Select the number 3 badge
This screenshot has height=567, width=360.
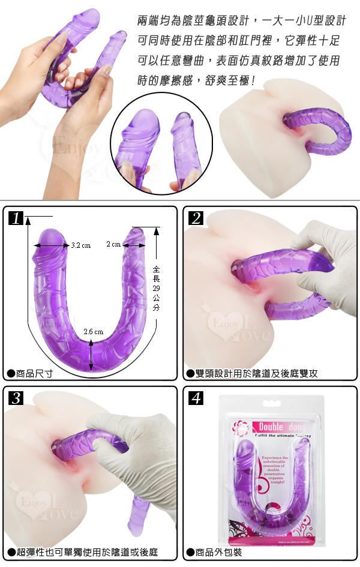click(16, 398)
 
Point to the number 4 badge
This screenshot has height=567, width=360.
click(195, 398)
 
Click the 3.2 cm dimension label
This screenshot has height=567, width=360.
click(80, 245)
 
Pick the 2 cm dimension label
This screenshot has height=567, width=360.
click(113, 245)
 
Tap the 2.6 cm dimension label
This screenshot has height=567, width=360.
click(94, 332)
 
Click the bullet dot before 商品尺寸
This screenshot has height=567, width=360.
click(10, 373)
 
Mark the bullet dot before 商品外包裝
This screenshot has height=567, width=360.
click(190, 553)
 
